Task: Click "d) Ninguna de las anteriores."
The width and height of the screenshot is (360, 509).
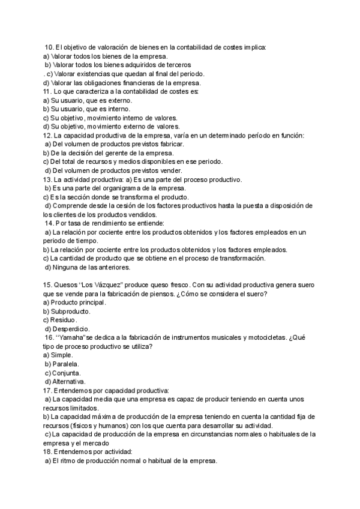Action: coord(88,267)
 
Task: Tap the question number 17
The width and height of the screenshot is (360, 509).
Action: coord(48,391)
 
